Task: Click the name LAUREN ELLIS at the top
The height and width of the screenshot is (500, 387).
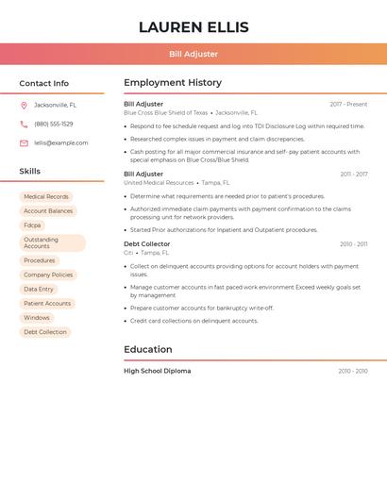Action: [193, 26]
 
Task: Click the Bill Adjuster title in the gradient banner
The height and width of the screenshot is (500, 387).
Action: [193, 54]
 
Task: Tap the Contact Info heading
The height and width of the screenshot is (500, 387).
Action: [44, 83]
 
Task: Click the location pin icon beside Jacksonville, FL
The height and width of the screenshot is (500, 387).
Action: [24, 105]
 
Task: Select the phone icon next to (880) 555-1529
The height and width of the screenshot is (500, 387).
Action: [24, 124]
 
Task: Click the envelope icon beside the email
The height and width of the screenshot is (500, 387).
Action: [24, 142]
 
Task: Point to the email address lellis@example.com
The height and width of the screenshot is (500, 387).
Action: [61, 142]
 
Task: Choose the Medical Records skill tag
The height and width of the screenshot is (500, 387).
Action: [46, 196]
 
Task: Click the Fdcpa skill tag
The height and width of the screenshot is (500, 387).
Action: [32, 225]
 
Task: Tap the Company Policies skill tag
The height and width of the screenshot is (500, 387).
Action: [48, 275]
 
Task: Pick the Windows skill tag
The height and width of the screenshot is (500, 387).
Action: [37, 318]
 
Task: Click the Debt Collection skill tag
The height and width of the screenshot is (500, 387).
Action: [45, 332]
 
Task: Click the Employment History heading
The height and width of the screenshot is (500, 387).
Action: [173, 83]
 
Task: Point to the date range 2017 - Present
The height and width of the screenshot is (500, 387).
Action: [348, 104]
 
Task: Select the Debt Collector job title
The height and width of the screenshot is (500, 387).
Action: [147, 244]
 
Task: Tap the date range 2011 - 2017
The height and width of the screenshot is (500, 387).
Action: [354, 175]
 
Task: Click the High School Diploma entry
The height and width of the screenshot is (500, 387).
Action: [158, 371]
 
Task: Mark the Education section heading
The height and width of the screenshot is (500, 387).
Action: [148, 349]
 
